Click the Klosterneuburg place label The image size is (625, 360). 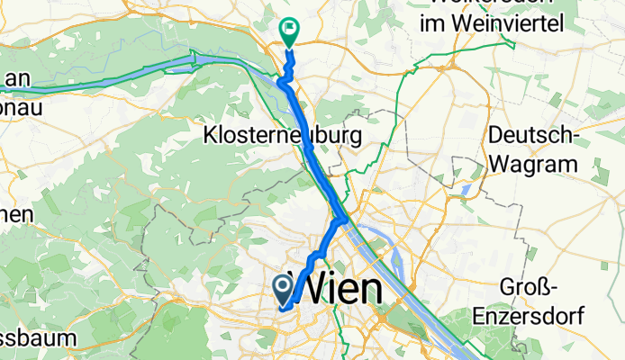tap(284, 137)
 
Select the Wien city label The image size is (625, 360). tap(346, 291)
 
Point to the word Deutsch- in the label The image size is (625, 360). tap(531, 136)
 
